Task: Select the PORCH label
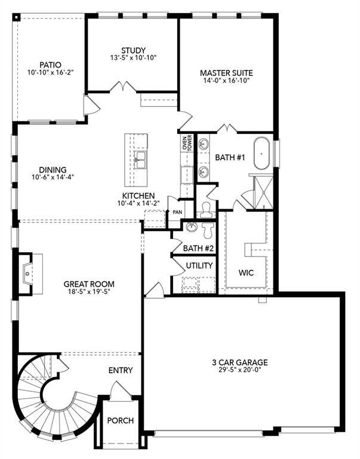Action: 120,420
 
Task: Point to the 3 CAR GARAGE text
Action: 239,362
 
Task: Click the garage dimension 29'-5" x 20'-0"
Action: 239,371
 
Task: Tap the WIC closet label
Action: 245,273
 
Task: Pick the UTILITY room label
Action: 199,265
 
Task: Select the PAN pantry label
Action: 177,212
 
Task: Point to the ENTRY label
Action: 120,371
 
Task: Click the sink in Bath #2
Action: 190,227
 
